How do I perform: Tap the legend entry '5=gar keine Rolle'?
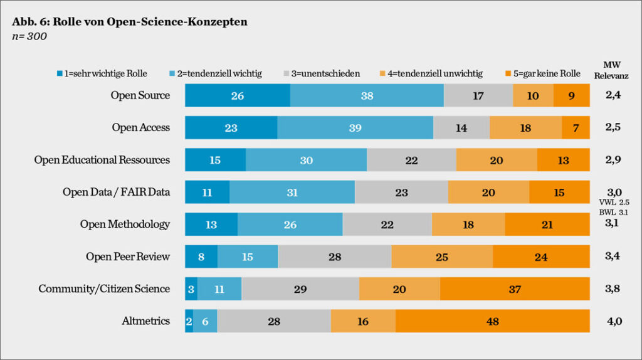pyautogui.click(x=545, y=73)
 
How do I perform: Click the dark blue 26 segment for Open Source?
pyautogui.click(x=237, y=95)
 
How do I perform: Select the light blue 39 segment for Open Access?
pyautogui.click(x=355, y=127)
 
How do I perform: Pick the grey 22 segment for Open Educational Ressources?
pyautogui.click(x=411, y=160)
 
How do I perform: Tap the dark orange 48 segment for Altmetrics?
pyautogui.click(x=492, y=321)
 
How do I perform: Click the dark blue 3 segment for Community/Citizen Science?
pyautogui.click(x=191, y=289)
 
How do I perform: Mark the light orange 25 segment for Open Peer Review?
pyautogui.click(x=442, y=257)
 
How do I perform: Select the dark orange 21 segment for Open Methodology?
pyautogui.click(x=547, y=224)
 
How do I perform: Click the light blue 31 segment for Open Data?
pyautogui.click(x=292, y=192)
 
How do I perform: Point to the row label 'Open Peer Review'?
pyautogui.click(x=128, y=257)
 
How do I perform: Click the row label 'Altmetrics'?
pyautogui.click(x=145, y=321)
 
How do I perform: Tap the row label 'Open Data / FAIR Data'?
pyautogui.click(x=116, y=192)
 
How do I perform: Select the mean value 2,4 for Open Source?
pyautogui.click(x=613, y=95)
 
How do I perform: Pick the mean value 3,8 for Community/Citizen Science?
pyautogui.click(x=613, y=289)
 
